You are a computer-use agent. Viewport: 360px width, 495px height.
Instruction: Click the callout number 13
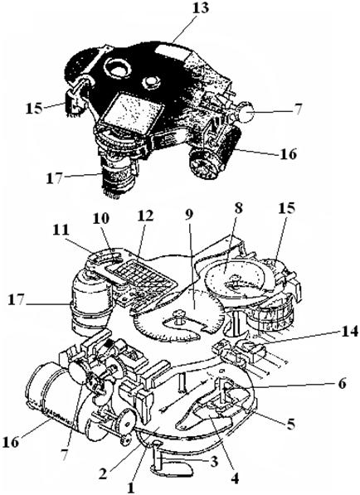coord(200,7)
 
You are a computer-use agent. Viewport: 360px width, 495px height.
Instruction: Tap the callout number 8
coord(238,210)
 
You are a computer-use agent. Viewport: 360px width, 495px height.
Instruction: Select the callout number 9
coord(189,215)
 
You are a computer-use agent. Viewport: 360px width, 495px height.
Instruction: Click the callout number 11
coord(61,231)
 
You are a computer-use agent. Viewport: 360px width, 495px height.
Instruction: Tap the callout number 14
coord(349,332)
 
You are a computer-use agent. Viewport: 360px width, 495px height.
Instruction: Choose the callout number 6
coord(341,384)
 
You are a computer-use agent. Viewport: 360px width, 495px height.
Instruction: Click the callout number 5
coord(290,424)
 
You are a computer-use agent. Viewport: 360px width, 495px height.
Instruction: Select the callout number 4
coord(234,479)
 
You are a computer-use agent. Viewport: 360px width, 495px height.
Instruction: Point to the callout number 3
coord(213,462)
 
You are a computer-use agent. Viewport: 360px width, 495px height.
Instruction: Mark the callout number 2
coord(102,473)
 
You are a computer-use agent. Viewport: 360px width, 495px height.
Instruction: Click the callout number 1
coord(131,488)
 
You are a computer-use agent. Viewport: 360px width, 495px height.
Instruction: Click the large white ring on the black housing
coord(117,68)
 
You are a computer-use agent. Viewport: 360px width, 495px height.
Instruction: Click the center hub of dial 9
coord(179,317)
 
